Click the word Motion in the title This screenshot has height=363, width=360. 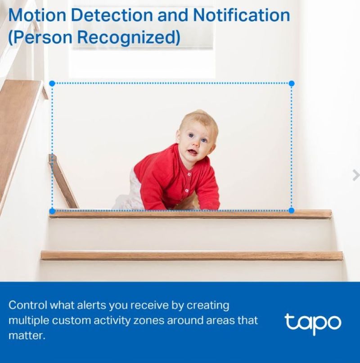tap(37, 15)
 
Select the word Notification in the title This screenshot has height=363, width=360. tap(241, 15)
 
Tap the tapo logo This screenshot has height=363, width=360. tap(313, 323)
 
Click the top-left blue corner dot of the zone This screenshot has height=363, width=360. tap(52, 84)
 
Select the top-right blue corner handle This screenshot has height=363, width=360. tap(292, 84)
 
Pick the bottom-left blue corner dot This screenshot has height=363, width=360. tap(52, 211)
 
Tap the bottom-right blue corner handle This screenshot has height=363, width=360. tap(292, 210)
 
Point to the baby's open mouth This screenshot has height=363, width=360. tap(192, 152)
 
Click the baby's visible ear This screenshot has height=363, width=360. tap(178, 136)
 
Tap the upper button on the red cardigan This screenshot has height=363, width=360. tap(189, 174)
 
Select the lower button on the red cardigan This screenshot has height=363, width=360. tap(187, 191)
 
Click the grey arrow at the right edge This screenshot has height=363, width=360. tap(356, 175)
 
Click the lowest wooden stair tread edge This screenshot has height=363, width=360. tap(192, 255)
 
